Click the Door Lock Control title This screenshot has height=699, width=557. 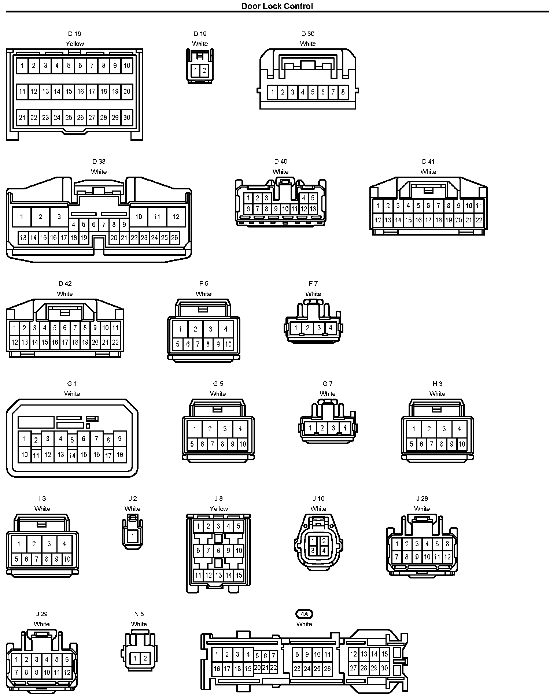tap(277, 6)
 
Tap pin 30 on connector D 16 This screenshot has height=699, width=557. tap(127, 118)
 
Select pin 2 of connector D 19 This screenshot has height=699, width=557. tap(204, 71)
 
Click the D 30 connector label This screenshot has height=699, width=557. tap(308, 34)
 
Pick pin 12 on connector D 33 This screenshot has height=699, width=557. tap(176, 217)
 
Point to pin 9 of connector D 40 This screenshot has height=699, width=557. tap(276, 209)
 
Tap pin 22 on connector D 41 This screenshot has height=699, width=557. tap(479, 220)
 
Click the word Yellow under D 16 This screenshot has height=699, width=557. tap(75, 44)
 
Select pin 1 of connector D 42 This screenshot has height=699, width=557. tap(14, 328)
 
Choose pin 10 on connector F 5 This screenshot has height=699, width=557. tap(228, 344)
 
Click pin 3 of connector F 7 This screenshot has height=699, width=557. tap(319, 328)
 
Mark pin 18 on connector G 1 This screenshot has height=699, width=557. tap(120, 455)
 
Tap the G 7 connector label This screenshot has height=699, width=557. tap(328, 384)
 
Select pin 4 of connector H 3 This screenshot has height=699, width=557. tap(459, 429)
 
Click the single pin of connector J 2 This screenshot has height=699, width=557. tap(133, 536)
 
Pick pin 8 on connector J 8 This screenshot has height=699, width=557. tap(218, 550)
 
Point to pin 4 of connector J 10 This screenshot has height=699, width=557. tap(324, 550)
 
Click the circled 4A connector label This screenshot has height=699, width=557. tap(304, 614)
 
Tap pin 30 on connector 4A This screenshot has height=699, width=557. tap(384, 668)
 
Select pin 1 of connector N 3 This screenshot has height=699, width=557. tap(135, 658)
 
